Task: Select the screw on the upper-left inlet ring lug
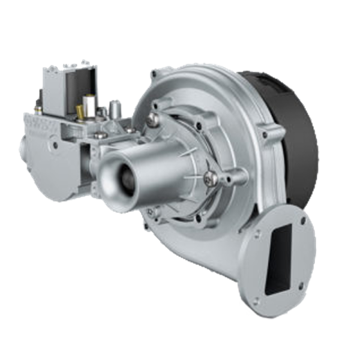click(155, 120)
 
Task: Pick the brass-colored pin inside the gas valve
click(80, 112)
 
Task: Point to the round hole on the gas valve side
click(56, 145)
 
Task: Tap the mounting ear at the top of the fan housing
click(155, 75)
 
